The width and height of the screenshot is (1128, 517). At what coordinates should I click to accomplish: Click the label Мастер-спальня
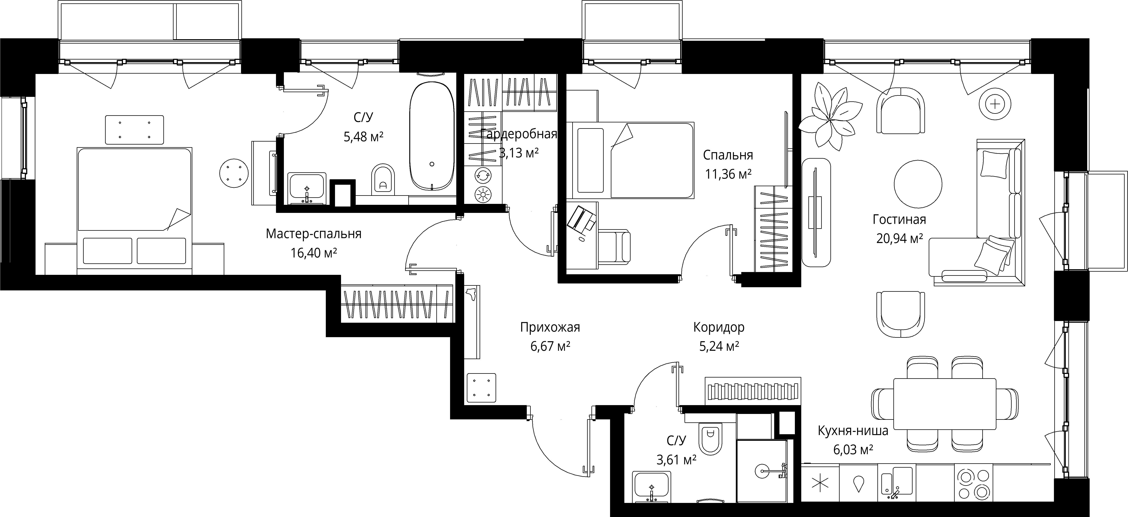(x=314, y=234)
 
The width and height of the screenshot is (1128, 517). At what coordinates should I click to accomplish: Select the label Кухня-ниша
(x=853, y=431)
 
